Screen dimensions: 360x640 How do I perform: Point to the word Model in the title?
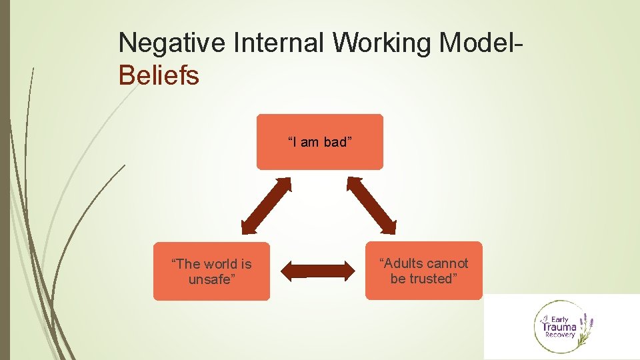478,43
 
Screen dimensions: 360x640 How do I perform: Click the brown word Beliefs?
159,75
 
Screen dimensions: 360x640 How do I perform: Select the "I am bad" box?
320,141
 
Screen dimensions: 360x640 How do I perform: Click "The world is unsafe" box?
211,271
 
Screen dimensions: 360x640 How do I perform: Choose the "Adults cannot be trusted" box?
423,271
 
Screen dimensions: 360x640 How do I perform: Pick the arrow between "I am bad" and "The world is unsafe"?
266,205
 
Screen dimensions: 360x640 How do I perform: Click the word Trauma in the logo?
559,327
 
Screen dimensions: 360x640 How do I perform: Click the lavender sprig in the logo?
586,327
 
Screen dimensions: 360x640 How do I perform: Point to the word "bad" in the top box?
336,142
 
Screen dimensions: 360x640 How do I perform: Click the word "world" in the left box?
221,264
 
